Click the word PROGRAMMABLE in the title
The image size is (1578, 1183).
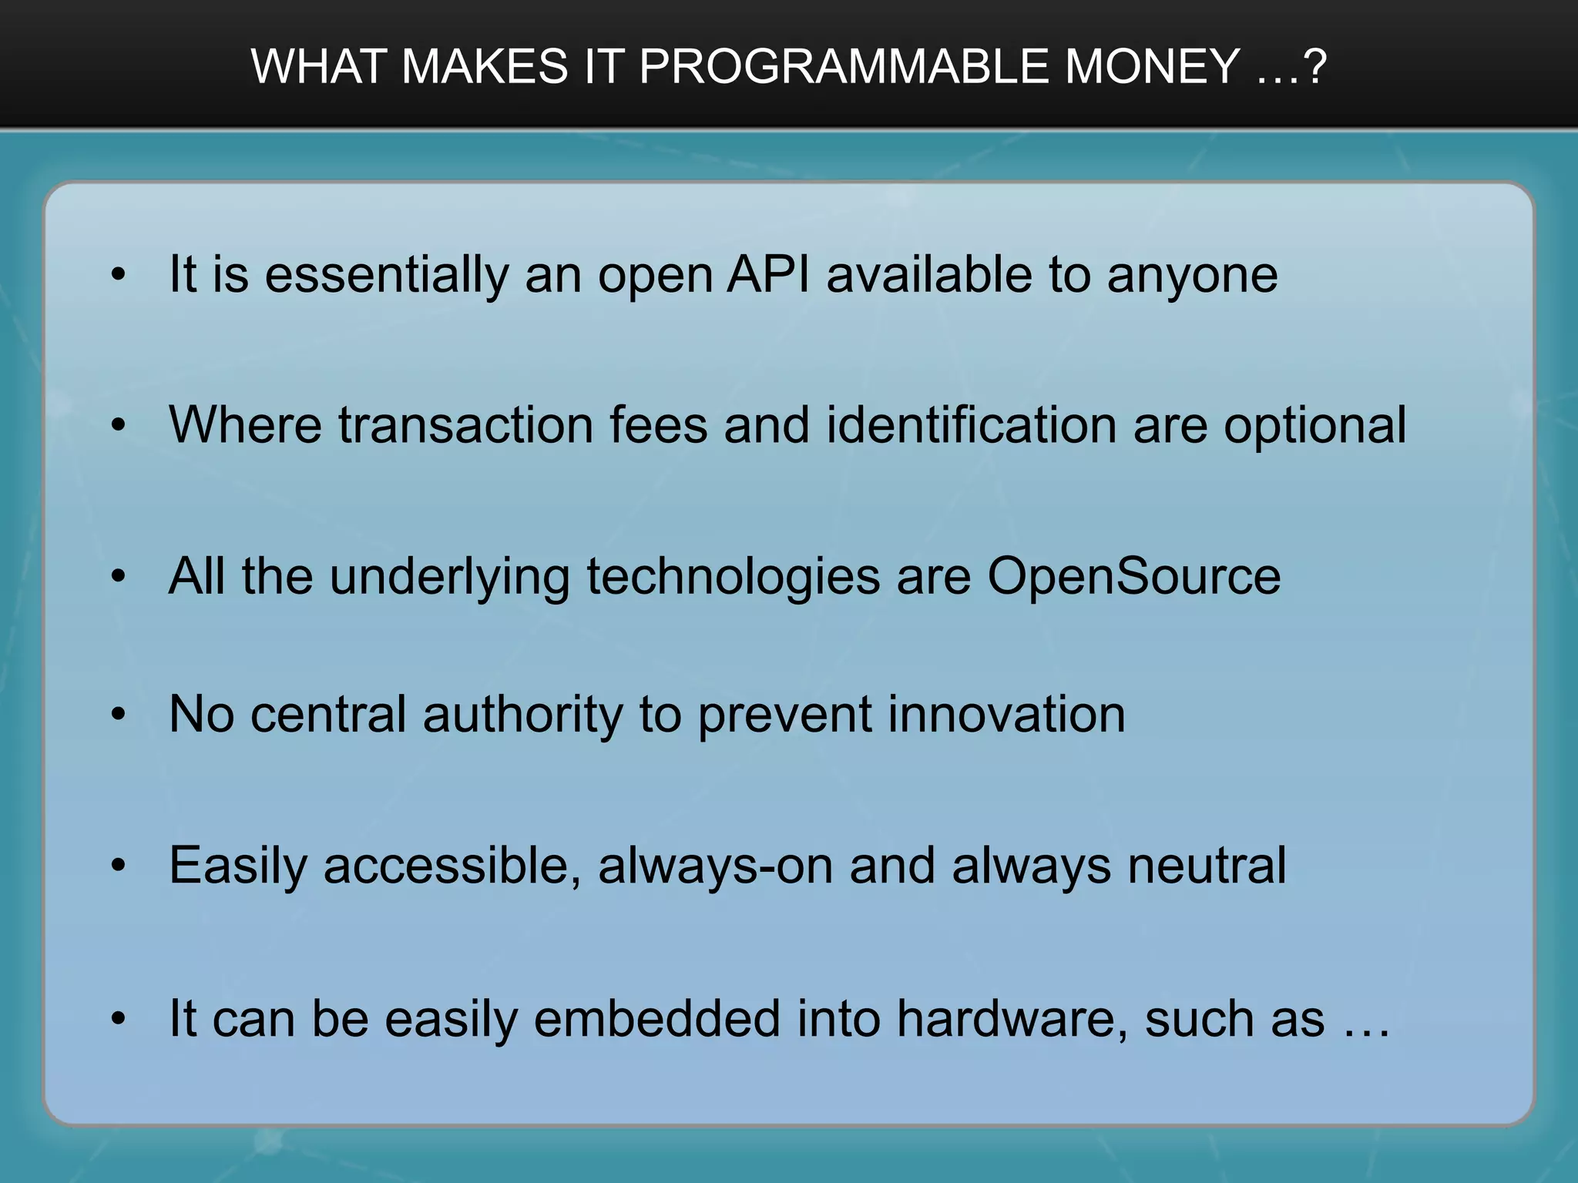tap(844, 66)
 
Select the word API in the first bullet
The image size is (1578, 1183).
tap(768, 274)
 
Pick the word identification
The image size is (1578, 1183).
tap(971, 425)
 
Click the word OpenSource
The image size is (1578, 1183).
tap(1133, 578)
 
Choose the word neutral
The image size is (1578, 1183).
tap(1207, 866)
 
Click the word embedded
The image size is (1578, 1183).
tap(656, 1019)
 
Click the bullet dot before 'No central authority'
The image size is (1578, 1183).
tap(118, 715)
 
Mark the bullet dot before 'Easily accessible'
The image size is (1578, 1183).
tap(118, 866)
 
